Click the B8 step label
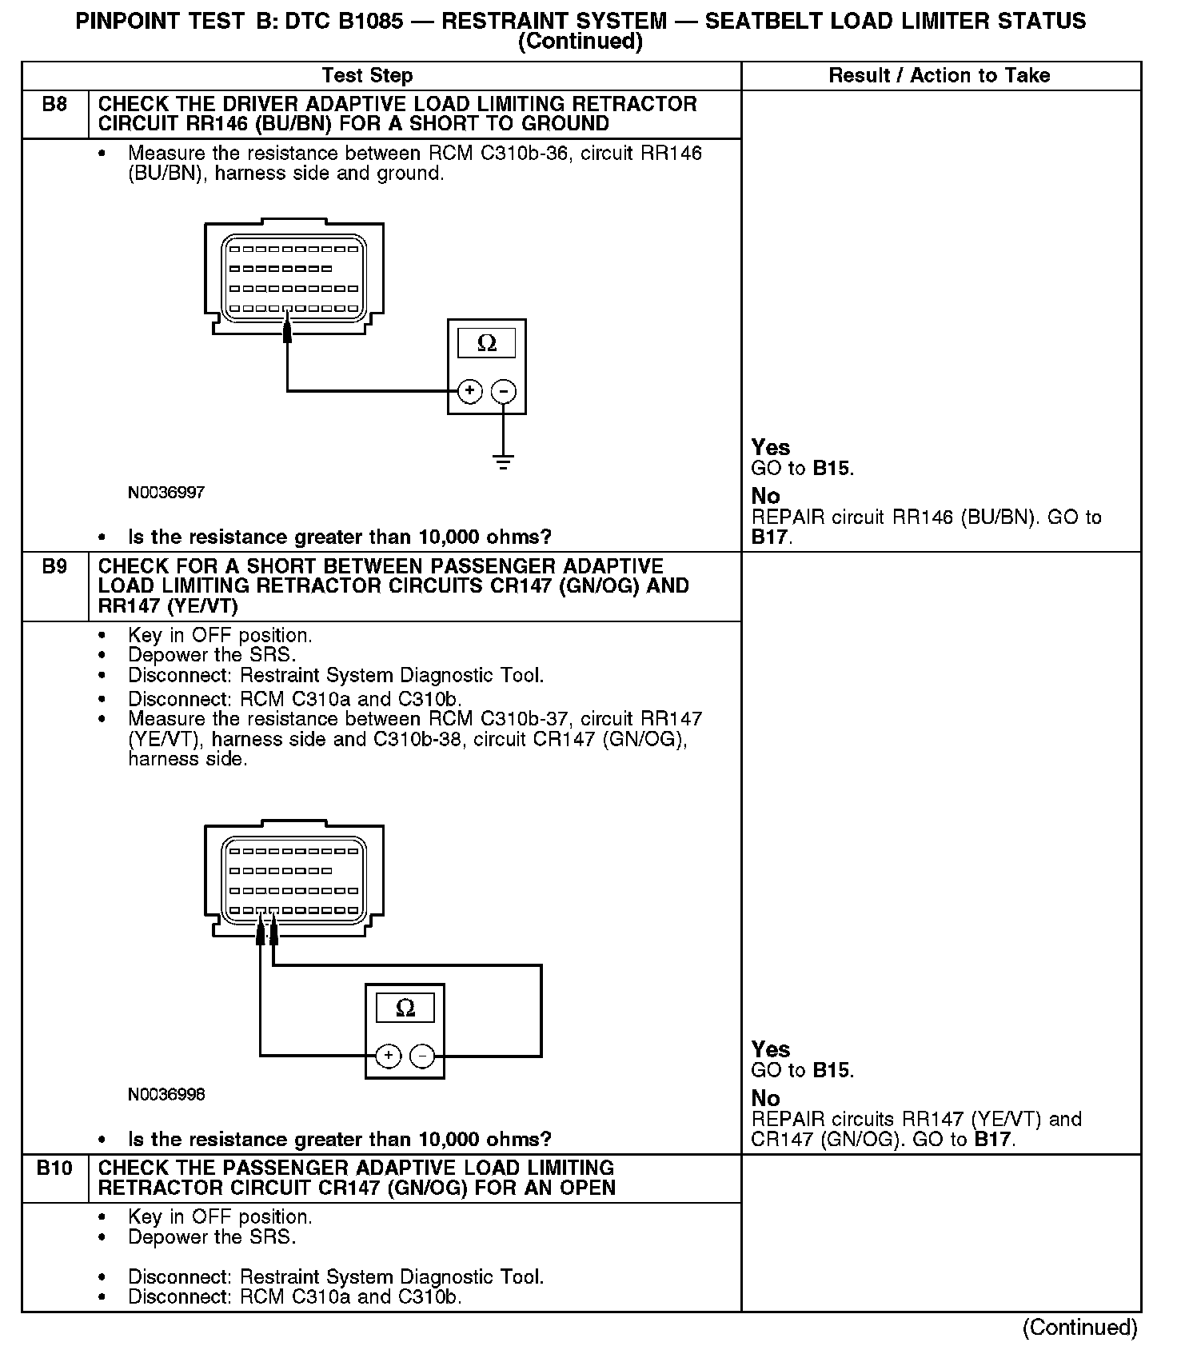54,105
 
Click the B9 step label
54,567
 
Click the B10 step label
54,1168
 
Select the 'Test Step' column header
367,76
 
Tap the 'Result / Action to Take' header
939,76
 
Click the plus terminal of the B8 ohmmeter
469,391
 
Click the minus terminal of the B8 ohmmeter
503,391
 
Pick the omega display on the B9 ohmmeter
405,1008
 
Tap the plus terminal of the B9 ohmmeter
388,1056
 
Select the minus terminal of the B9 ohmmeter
422,1056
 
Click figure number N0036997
166,493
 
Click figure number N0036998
166,1094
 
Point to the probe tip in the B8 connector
287,326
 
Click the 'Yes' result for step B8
771,448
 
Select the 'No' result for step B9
765,1098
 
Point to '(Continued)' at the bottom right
1079,1328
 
